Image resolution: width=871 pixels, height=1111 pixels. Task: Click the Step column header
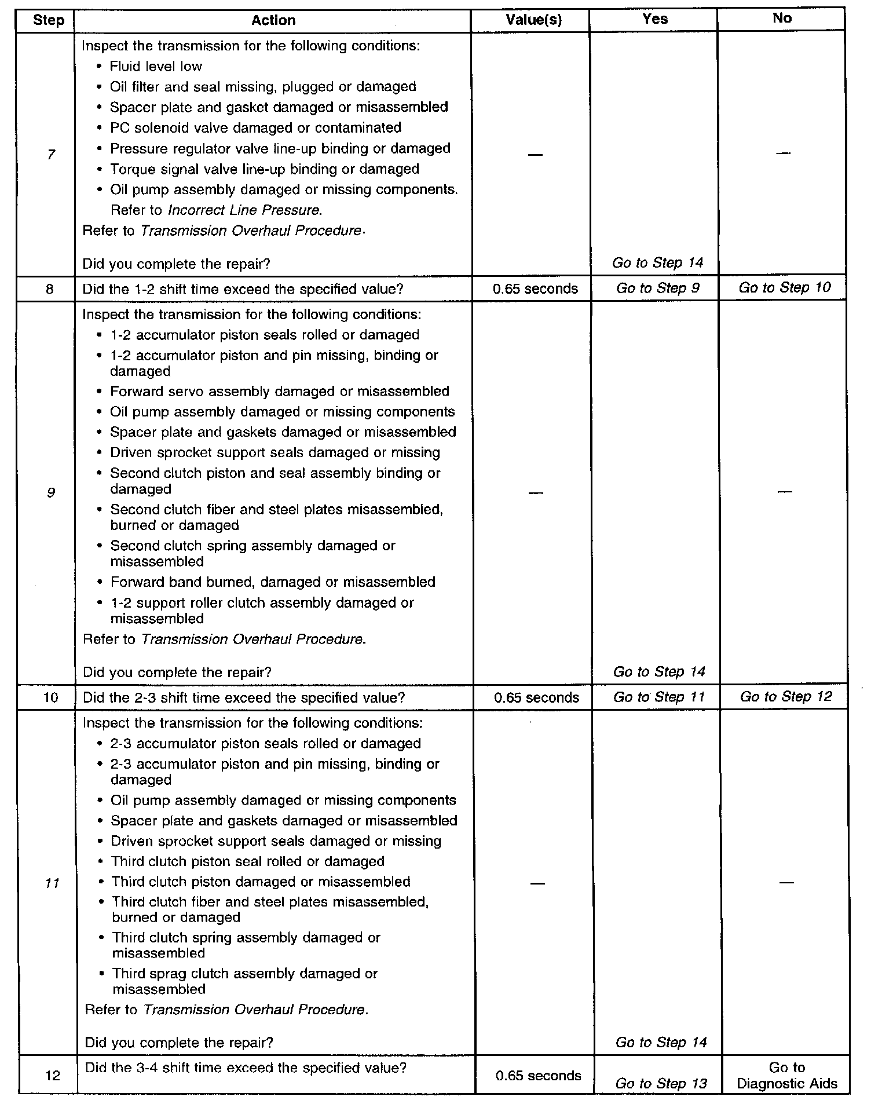pos(48,20)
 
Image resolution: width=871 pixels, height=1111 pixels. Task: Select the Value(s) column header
pos(533,20)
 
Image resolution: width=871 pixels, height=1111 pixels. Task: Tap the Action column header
pos(273,20)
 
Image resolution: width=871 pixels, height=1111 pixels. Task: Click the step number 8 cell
pos(49,288)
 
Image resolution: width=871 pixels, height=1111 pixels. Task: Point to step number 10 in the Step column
pos(51,697)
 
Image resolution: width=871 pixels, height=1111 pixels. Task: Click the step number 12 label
pos(52,1076)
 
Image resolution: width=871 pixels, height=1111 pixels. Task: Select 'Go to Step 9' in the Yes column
pos(657,288)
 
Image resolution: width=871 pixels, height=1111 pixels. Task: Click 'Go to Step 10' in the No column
pos(784,287)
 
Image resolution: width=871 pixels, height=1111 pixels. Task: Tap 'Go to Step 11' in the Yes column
pos(659,697)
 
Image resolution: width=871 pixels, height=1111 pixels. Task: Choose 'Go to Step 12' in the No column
pos(785,696)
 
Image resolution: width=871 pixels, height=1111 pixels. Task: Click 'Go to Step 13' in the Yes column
pos(661,1084)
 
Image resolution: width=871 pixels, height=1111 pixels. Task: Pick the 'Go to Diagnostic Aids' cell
pos(787,1076)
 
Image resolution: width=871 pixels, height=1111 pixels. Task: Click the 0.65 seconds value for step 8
pos(535,288)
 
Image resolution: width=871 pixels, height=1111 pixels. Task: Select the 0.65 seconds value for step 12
pos(538,1076)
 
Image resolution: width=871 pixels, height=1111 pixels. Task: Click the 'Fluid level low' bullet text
pos(156,66)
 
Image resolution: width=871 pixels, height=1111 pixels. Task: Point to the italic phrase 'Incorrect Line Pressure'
pos(243,210)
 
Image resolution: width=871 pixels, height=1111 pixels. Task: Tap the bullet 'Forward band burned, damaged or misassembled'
pos(272,582)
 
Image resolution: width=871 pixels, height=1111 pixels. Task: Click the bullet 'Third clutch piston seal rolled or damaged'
pos(248,861)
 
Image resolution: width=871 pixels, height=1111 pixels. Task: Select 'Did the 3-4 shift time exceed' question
pos(246,1068)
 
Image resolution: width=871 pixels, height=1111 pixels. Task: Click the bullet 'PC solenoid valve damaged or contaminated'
pos(255,127)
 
